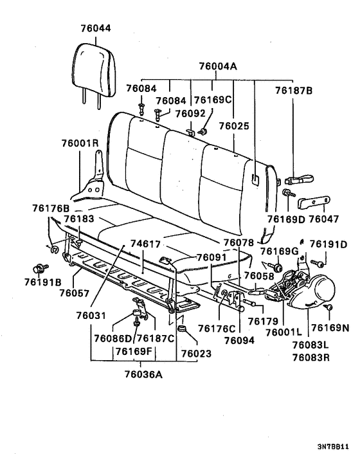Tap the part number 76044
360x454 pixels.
click(96, 28)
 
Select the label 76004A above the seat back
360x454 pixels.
click(218, 66)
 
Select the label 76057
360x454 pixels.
click(75, 293)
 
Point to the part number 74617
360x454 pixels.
click(145, 244)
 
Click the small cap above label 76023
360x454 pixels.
click(182, 330)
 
